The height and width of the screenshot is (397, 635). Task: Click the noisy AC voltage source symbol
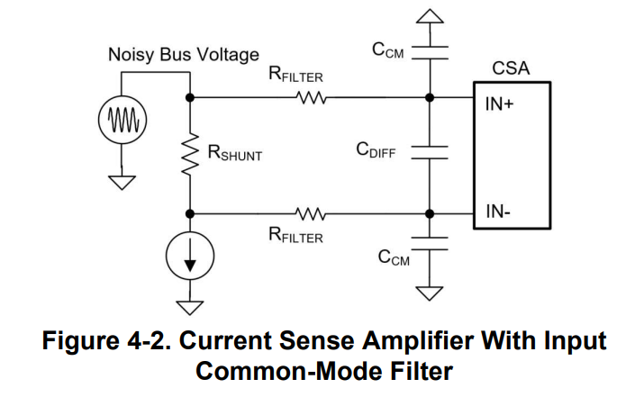(x=122, y=120)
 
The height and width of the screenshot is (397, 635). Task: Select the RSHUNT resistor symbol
(x=189, y=154)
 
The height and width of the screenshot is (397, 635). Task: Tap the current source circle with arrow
(x=190, y=256)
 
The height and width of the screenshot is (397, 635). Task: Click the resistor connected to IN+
(x=311, y=97)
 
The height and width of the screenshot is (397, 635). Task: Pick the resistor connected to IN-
(x=311, y=213)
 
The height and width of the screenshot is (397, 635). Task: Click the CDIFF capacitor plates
(x=430, y=152)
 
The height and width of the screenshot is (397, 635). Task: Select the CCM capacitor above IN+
(x=430, y=53)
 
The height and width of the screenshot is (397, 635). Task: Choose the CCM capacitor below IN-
(x=430, y=244)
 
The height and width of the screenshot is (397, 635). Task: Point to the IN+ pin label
(x=499, y=104)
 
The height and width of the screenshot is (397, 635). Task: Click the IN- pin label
(x=498, y=212)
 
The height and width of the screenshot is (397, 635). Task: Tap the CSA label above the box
(x=511, y=68)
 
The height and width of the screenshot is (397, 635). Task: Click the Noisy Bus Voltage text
(x=184, y=55)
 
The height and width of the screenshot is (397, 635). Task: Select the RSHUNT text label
(x=235, y=153)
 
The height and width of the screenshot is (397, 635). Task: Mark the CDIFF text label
(x=376, y=149)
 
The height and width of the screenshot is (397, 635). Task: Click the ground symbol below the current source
(x=190, y=308)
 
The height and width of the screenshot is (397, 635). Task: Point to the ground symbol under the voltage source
(x=122, y=183)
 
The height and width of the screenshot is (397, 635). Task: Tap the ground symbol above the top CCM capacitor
(x=430, y=16)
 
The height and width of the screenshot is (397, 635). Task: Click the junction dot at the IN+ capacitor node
(x=430, y=97)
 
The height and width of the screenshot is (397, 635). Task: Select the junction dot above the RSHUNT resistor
(x=189, y=97)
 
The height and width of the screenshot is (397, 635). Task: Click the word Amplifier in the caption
(x=418, y=341)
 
